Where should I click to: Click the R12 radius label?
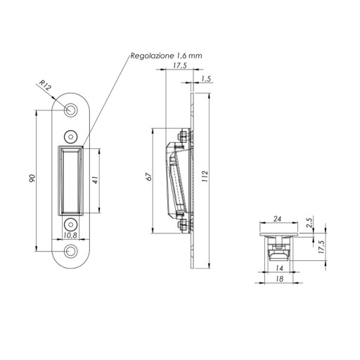[45, 85]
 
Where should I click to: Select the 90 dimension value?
[32, 179]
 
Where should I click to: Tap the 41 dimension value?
[95, 180]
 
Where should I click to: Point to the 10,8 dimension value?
[70, 236]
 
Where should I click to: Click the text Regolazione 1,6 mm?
[166, 56]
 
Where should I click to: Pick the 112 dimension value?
[205, 176]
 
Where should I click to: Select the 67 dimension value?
[149, 176]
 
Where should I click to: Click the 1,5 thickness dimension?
[206, 79]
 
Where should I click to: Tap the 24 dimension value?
[277, 219]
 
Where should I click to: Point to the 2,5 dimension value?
[309, 223]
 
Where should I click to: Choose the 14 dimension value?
[279, 268]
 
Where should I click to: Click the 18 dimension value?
[280, 279]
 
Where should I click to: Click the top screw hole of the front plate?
[70, 110]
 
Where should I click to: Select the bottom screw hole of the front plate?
[70, 252]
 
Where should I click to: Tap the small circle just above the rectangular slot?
[70, 136]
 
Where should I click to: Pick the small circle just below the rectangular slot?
[70, 224]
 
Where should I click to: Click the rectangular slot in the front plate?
[70, 181]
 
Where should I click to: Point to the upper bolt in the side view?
[184, 136]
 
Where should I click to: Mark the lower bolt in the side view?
[184, 226]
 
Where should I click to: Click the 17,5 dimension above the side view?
[180, 65]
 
